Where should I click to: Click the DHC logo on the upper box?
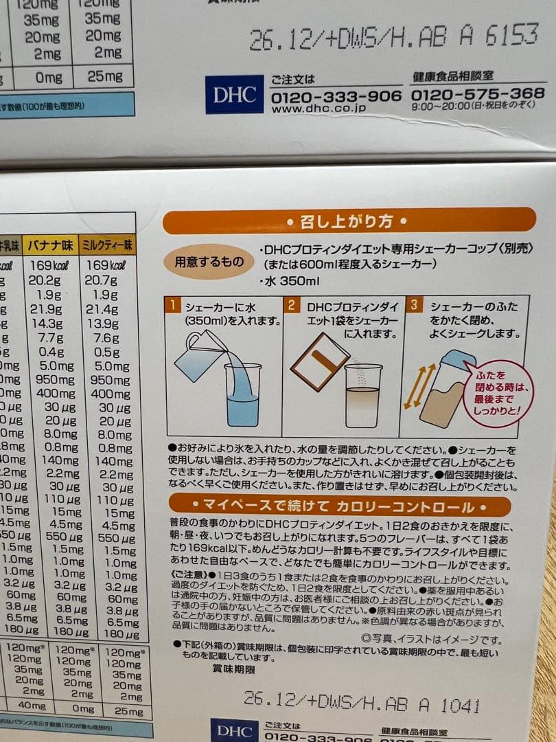point(234,95)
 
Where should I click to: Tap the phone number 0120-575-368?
point(478,93)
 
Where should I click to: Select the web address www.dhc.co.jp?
point(318,108)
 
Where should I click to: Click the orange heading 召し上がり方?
point(349,221)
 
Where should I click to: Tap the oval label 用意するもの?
point(208,262)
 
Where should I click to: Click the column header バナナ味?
point(50,245)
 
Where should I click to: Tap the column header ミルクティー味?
point(108,245)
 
